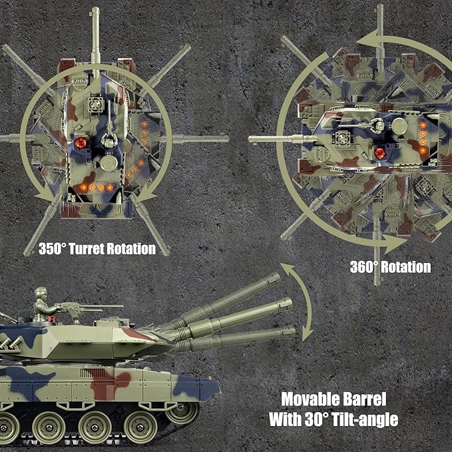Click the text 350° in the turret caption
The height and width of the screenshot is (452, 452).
pyautogui.click(x=52, y=250)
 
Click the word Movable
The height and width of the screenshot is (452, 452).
pyautogui.click(x=310, y=400)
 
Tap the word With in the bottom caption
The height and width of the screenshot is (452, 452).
pyautogui.click(x=286, y=419)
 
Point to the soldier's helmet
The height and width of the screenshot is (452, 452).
pyautogui.click(x=41, y=292)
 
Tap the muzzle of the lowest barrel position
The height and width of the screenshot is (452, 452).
pyautogui.click(x=291, y=332)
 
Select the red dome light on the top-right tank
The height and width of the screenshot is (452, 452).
pyautogui.click(x=380, y=152)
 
